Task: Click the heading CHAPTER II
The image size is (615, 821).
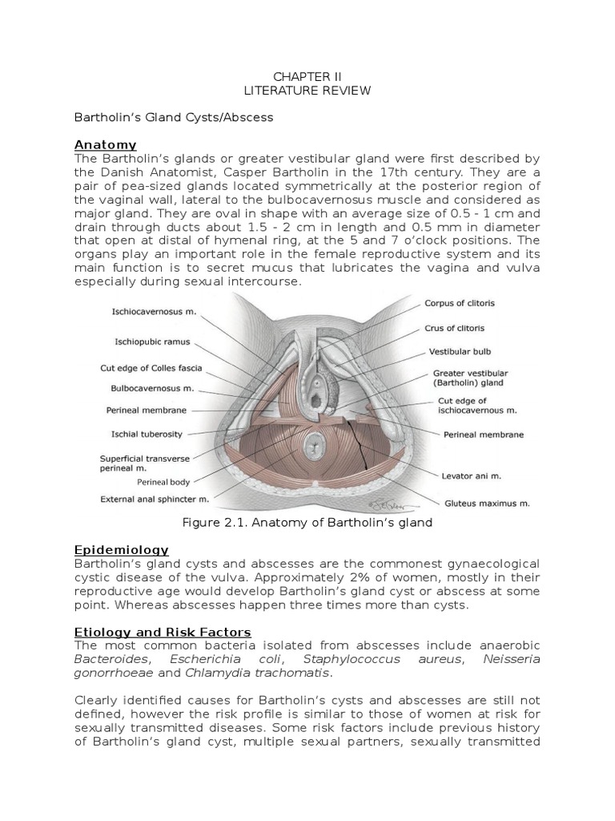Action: coord(307,76)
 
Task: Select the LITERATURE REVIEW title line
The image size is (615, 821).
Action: coord(307,91)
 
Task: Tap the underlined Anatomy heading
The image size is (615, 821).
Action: coord(106,145)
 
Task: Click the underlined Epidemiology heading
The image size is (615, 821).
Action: coord(122,550)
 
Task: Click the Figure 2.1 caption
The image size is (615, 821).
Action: coord(307,523)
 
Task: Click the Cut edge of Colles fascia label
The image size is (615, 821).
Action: coord(151,369)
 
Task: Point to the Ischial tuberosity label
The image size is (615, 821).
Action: coord(147,435)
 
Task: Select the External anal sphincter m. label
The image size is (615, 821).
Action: coord(155,499)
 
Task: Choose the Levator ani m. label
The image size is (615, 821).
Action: coord(472,475)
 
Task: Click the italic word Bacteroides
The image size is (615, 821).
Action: coord(107,660)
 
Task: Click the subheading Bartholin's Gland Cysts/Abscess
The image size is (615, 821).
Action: coord(174,118)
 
